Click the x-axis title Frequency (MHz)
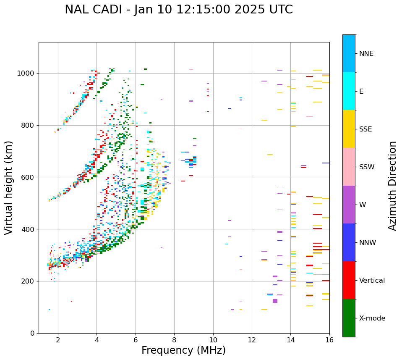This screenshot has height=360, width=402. pyautogui.click(x=183, y=350)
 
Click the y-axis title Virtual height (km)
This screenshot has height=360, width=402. pyautogui.click(x=9, y=187)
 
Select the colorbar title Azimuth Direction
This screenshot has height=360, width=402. pyautogui.click(x=392, y=186)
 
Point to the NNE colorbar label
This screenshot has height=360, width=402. pyautogui.click(x=366, y=54)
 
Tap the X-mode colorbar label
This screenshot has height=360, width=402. pyautogui.click(x=372, y=318)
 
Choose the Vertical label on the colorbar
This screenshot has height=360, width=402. pyautogui.click(x=372, y=281)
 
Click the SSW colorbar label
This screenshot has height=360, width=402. pyautogui.click(x=367, y=167)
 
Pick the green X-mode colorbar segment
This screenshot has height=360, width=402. pyautogui.click(x=349, y=318)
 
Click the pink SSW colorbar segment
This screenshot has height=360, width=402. pyautogui.click(x=349, y=167)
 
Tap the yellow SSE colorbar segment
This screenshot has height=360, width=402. pyautogui.click(x=349, y=129)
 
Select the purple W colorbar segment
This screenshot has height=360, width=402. pyautogui.click(x=349, y=205)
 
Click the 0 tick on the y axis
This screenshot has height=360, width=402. pyautogui.click(x=32, y=333)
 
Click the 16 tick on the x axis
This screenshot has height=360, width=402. pyautogui.click(x=329, y=340)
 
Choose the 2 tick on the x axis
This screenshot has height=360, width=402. pyautogui.click(x=58, y=340)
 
